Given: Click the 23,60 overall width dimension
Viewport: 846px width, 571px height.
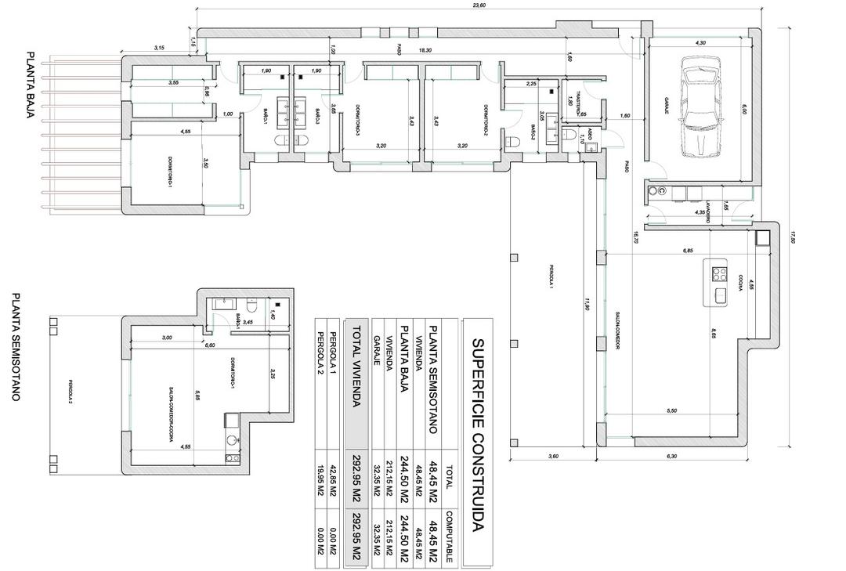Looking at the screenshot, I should tap(479, 5).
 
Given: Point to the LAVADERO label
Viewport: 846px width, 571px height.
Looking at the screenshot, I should tap(707, 212).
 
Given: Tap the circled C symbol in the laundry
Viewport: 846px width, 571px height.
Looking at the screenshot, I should tap(662, 191).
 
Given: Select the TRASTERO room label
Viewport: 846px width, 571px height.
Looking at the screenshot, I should tap(578, 101).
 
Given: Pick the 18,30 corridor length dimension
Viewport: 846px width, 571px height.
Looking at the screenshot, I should tap(424, 50).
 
